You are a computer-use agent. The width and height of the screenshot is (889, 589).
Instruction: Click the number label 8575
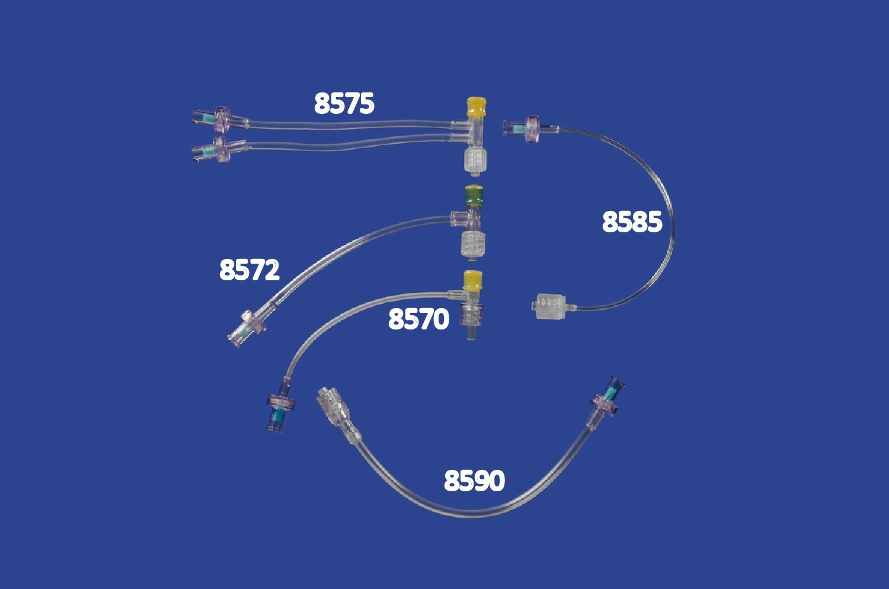click(x=344, y=104)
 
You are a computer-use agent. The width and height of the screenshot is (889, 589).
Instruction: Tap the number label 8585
click(x=632, y=222)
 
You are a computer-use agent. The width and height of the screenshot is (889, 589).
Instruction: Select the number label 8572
click(x=250, y=270)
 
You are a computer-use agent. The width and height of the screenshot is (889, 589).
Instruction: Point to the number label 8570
click(x=418, y=319)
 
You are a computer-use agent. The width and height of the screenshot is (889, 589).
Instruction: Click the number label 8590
click(x=474, y=481)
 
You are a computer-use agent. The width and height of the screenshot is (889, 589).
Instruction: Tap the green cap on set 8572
click(x=474, y=196)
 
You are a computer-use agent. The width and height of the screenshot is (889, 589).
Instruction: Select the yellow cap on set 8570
click(x=473, y=281)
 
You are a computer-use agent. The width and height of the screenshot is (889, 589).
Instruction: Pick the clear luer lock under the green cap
click(x=474, y=246)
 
